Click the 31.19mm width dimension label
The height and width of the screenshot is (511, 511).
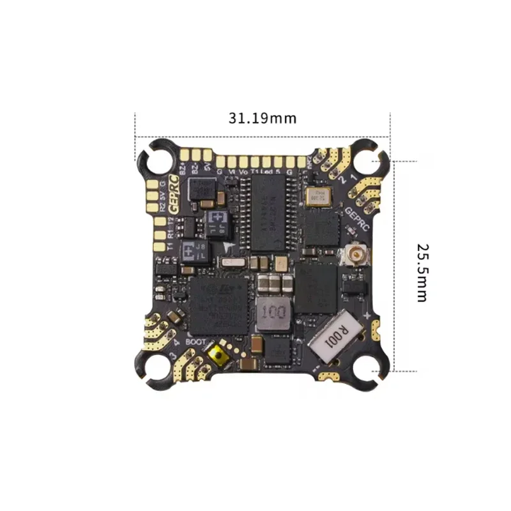point(262,118)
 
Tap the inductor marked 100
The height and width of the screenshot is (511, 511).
point(272,313)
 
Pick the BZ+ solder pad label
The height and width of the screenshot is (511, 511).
point(185,169)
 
